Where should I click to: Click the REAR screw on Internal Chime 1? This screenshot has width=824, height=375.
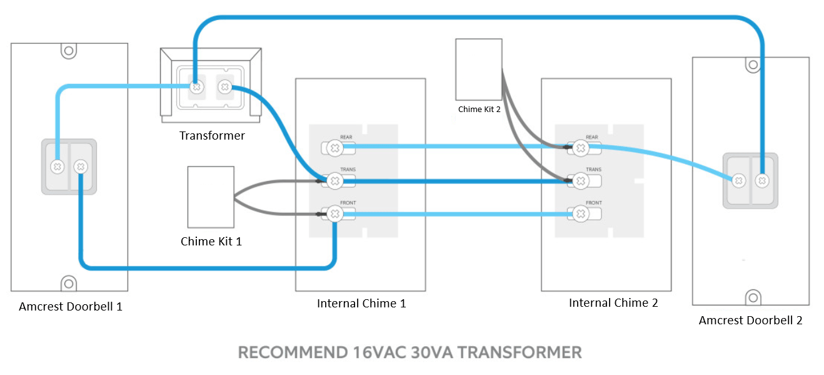[x=334, y=148]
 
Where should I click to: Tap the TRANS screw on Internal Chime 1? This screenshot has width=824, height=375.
[x=334, y=181]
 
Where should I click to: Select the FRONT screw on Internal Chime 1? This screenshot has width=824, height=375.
[x=334, y=213]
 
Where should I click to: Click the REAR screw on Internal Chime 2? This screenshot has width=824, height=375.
[x=580, y=148]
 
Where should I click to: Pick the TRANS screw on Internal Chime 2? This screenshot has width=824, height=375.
[x=580, y=181]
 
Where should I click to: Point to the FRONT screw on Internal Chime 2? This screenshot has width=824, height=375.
[x=580, y=213]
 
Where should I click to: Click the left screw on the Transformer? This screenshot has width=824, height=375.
[x=197, y=87]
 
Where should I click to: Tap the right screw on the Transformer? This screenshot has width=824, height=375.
[x=225, y=87]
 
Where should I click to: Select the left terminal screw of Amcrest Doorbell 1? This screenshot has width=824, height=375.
[x=58, y=167]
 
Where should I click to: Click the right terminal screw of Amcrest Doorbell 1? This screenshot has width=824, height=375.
[x=81, y=167]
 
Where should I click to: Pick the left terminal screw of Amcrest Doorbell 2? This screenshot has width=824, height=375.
[x=738, y=180]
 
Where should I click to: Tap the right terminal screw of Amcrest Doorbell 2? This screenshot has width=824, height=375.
[x=762, y=180]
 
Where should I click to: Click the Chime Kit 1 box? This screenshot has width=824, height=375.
[x=211, y=197]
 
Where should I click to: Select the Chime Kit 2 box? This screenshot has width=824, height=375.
[x=478, y=69]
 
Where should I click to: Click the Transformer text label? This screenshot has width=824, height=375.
[x=212, y=136]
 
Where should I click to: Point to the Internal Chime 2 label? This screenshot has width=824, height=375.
[x=613, y=303]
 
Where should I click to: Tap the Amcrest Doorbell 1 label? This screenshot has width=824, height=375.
[x=71, y=307]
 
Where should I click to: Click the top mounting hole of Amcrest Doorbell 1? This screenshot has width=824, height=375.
[x=69, y=51]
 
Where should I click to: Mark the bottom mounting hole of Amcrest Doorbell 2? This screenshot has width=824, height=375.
[x=753, y=297]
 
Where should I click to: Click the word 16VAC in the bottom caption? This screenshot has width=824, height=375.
[x=378, y=352]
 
